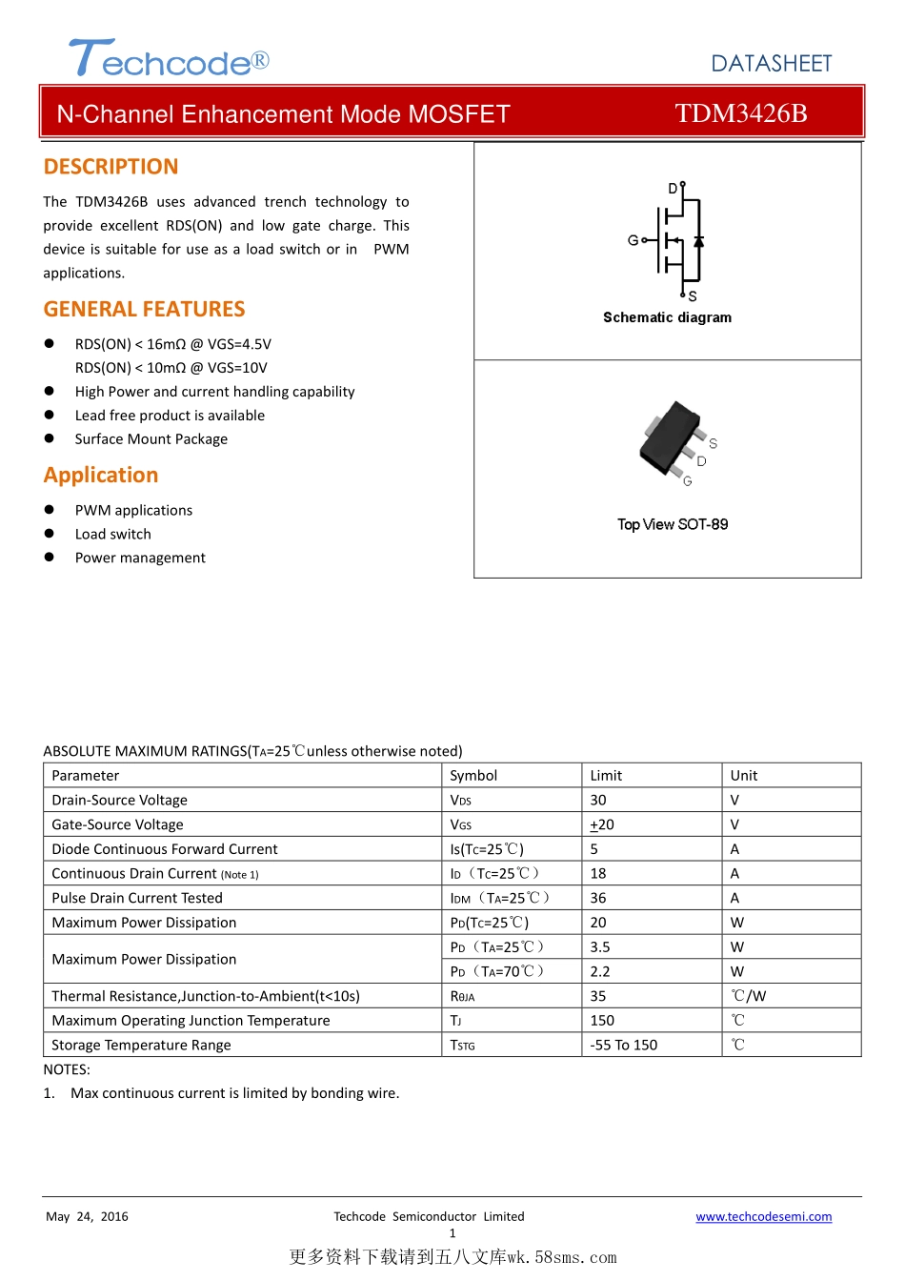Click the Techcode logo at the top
[x=169, y=59]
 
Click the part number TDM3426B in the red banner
[x=740, y=113]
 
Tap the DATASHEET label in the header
[x=772, y=64]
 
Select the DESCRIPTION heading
[x=111, y=167]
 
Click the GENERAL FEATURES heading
[x=144, y=309]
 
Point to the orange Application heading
[x=101, y=475]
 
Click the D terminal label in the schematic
[x=673, y=189]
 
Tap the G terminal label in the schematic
[x=633, y=240]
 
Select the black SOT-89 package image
[x=672, y=437]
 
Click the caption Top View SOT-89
[x=673, y=524]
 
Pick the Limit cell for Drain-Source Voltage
[x=598, y=800]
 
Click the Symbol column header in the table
[x=473, y=775]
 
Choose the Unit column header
[x=744, y=775]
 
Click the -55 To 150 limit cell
[x=624, y=1045]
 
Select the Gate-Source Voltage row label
[x=117, y=824]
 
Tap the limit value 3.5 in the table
[x=600, y=946]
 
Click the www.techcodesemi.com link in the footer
[x=763, y=1216]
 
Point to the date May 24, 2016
[x=87, y=1216]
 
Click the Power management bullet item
[x=140, y=558]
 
